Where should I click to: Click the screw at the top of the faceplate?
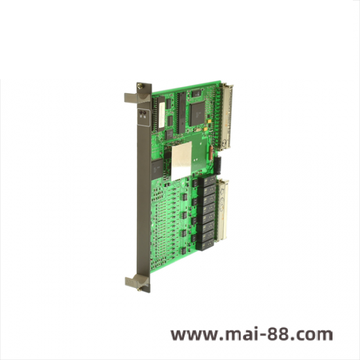[x=139, y=86]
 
